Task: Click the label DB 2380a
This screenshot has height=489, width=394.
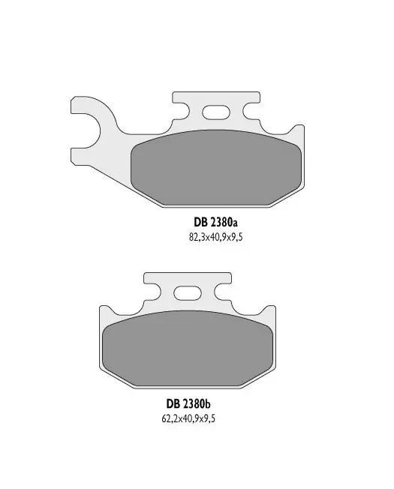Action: click(215, 223)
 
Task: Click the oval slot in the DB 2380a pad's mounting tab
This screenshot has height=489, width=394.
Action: click(216, 112)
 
